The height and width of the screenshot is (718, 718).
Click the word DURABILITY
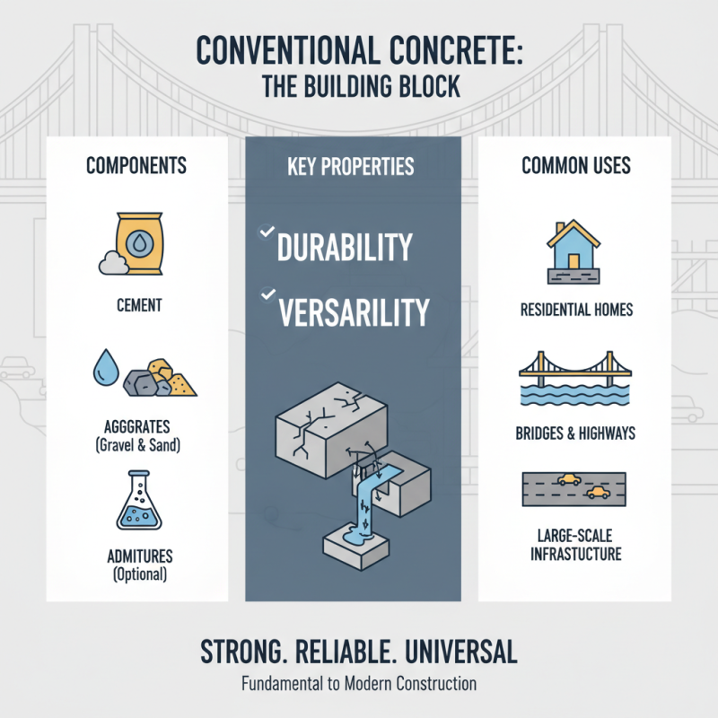345,248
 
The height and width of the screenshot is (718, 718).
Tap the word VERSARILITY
355,311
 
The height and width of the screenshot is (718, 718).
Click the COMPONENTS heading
136,166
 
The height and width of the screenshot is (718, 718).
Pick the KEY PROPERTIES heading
351,167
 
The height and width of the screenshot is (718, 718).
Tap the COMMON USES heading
576,166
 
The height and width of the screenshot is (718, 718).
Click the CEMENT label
139,306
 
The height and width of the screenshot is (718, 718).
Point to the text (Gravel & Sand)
140,443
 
